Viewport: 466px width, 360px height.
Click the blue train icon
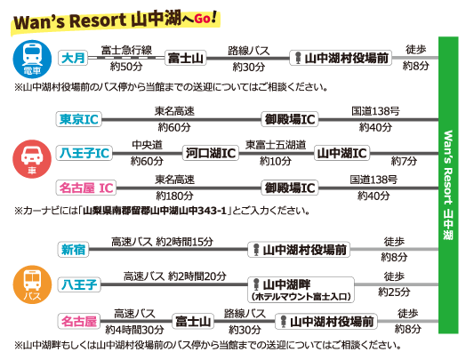pyautogui.click(x=32, y=59)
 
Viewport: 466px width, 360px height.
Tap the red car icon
pyautogui.click(x=32, y=159)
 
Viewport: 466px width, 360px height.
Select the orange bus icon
pyautogui.click(x=32, y=284)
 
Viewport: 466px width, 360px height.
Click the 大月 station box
pyautogui.click(x=73, y=58)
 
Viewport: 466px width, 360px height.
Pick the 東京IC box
pyautogui.click(x=79, y=119)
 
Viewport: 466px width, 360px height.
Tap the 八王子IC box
pyautogui.click(x=84, y=153)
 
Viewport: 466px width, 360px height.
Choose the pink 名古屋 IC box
pyautogui.click(x=86, y=188)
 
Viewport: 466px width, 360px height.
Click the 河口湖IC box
pyautogui.click(x=211, y=153)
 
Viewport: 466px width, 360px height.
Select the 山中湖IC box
pyautogui.click(x=341, y=153)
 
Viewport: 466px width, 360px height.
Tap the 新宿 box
pyautogui.click(x=73, y=249)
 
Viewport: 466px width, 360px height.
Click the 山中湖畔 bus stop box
pyautogui.click(x=301, y=290)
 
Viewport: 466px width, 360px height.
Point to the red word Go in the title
pyautogui.click(x=203, y=19)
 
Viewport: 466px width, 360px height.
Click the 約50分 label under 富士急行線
pyautogui.click(x=126, y=67)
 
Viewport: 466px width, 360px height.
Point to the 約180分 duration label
pyautogui.click(x=174, y=196)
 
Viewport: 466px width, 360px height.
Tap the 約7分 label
pyautogui.click(x=404, y=161)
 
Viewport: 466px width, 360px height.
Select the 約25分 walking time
pyautogui.click(x=394, y=292)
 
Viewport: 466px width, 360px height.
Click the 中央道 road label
pyautogui.click(x=147, y=145)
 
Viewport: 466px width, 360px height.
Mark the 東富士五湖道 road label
pyautogui.click(x=276, y=145)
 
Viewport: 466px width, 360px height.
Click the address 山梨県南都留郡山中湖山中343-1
pyautogui.click(x=155, y=211)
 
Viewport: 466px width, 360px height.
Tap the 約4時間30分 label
pyautogui.click(x=134, y=330)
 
